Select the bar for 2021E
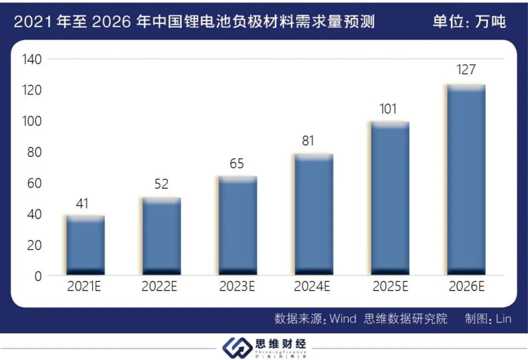tap(86, 245)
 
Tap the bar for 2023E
tap(238, 225)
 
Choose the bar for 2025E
tap(390, 198)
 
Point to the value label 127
tap(466, 70)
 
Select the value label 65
tap(237, 164)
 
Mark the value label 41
tap(82, 203)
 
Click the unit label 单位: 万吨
tap(469, 22)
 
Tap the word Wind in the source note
tap(343, 319)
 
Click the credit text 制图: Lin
tap(488, 319)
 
